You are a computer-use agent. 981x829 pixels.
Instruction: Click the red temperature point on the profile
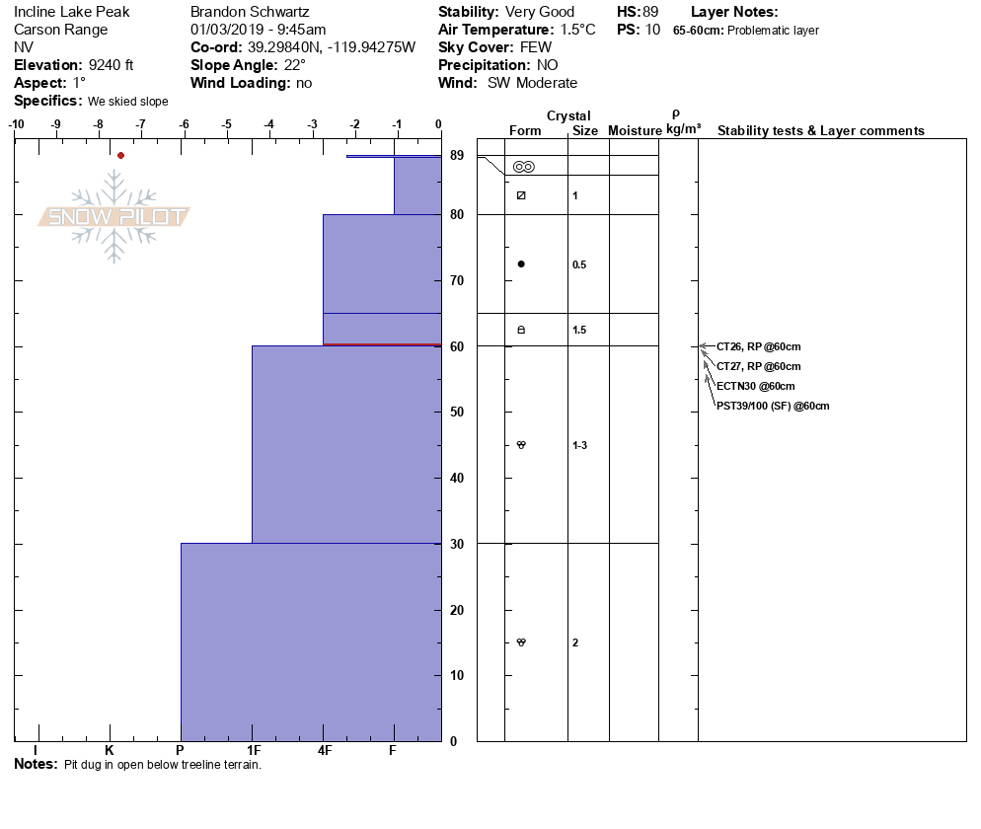coord(120,155)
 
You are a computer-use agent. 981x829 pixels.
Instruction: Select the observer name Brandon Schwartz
coord(250,12)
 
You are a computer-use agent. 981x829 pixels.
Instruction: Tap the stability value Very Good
coord(539,12)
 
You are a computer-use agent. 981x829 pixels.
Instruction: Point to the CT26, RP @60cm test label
coord(758,346)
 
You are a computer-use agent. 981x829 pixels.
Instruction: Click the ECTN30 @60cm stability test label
coord(755,386)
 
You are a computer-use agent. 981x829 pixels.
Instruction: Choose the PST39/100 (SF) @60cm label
coord(773,406)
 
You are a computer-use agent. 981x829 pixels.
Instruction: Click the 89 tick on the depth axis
coord(457,156)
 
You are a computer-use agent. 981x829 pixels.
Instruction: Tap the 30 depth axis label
coord(457,544)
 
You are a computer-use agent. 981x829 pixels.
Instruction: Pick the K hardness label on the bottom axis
coord(110,751)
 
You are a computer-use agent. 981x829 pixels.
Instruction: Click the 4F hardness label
coord(325,751)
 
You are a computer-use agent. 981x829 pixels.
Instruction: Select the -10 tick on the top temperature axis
coord(17,124)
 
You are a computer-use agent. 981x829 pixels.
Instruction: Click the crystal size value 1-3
coord(579,445)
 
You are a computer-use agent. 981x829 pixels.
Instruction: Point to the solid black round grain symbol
coord(521,264)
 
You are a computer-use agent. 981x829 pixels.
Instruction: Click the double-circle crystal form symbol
coord(523,167)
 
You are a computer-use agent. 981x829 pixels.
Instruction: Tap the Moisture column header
coord(635,131)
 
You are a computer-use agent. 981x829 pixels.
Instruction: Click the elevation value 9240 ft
coord(111,65)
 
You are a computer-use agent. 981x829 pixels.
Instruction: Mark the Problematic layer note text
coord(773,31)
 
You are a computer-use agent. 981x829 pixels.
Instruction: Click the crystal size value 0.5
coord(579,264)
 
